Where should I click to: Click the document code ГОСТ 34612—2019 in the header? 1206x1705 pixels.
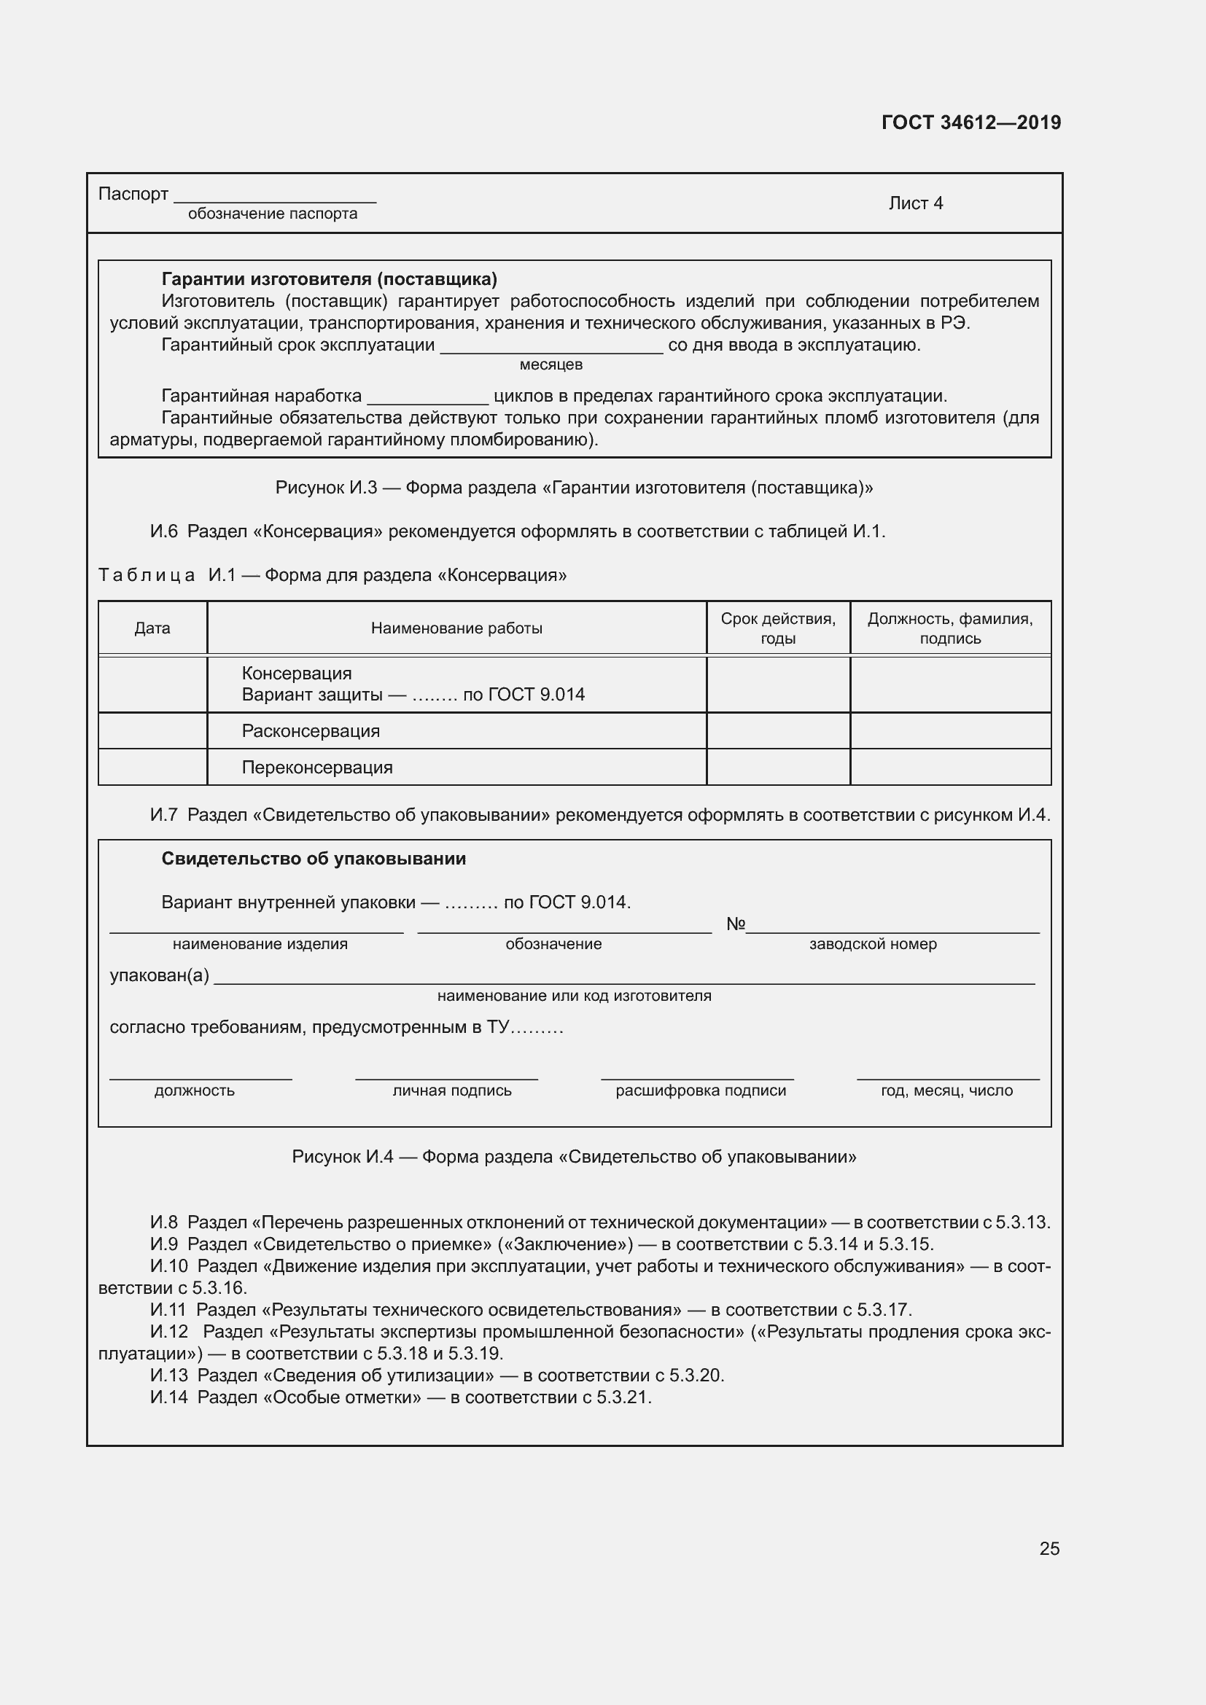[x=970, y=122]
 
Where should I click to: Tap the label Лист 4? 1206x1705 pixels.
[x=915, y=203]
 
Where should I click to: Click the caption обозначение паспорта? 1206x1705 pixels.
[x=273, y=214]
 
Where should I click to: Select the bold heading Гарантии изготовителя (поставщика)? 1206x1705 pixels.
[x=329, y=279]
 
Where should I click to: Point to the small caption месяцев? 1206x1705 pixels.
[x=551, y=364]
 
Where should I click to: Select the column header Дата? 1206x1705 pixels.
[x=152, y=628]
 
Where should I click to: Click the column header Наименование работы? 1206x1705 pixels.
[x=456, y=628]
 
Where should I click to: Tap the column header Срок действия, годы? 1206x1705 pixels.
[x=777, y=628]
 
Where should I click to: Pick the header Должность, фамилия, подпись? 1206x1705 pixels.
[x=950, y=628]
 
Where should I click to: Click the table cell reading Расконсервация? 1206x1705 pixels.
[x=311, y=730]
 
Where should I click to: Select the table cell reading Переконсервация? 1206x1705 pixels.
[x=317, y=767]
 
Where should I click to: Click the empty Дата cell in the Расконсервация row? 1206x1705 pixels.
[x=152, y=730]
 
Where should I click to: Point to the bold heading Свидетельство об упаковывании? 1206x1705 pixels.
[x=314, y=859]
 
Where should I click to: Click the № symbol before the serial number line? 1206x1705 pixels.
[x=734, y=924]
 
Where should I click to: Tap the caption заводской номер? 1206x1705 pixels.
[x=873, y=944]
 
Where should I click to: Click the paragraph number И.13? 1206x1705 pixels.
[x=168, y=1376]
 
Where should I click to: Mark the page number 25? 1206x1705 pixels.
[x=1049, y=1548]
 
